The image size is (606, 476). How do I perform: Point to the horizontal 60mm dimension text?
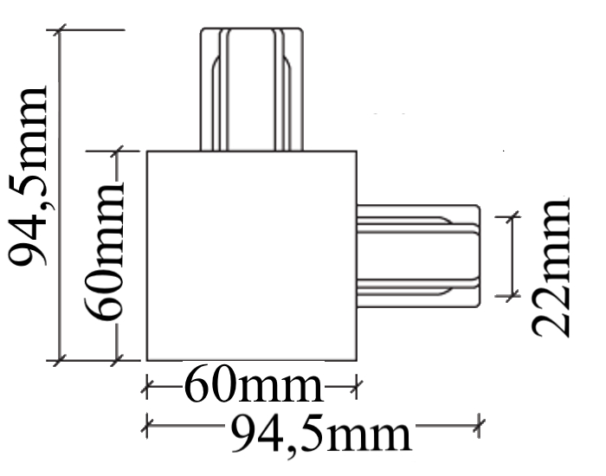251,388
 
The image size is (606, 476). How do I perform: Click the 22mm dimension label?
552,266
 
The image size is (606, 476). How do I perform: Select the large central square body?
251,255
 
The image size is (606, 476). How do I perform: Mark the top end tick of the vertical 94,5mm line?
59,31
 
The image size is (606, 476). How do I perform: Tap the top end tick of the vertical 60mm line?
118,151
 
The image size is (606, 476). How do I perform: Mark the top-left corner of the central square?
146,151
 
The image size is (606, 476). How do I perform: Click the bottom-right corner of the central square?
357,359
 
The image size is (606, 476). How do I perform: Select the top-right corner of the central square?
357,151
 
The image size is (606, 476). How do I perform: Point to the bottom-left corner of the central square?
146,359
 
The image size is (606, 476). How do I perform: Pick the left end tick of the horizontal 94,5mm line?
146,425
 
